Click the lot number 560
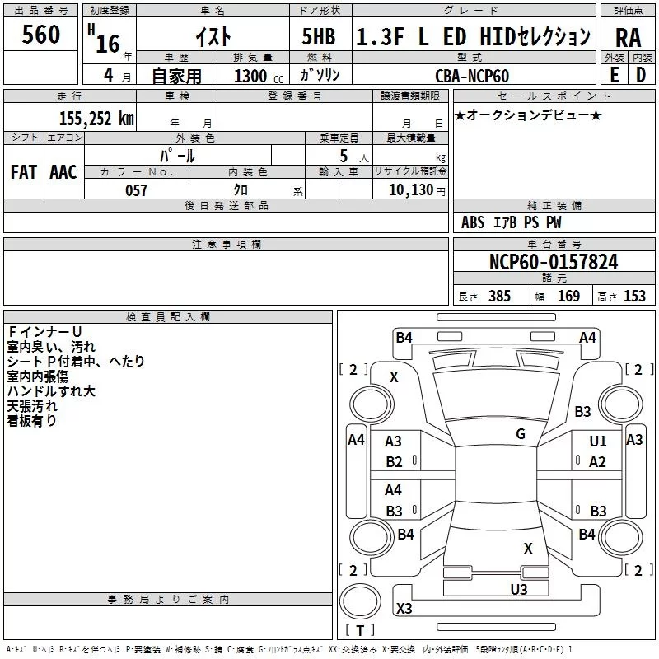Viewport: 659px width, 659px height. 40,35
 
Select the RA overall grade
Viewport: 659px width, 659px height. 629,38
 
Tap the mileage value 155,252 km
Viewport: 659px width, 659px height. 96,119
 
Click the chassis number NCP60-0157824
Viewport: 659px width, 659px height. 554,262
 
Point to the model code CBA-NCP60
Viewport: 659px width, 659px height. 472,76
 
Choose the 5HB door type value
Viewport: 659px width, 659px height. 319,36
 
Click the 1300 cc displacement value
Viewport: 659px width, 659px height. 259,76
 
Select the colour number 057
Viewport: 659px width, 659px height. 136,190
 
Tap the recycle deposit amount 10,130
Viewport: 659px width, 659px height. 411,190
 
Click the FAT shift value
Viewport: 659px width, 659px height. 24,172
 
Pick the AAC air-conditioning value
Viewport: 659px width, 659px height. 63,172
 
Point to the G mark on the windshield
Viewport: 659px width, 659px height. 521,434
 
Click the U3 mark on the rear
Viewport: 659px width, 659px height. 519,589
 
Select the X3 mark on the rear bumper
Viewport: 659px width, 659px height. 404,608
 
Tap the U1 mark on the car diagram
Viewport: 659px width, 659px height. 598,441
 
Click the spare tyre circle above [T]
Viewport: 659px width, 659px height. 360,601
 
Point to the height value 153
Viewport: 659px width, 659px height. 634,296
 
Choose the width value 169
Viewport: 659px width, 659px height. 568,296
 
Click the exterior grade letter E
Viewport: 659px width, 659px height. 614,75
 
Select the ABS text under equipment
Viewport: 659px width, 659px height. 473,222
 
